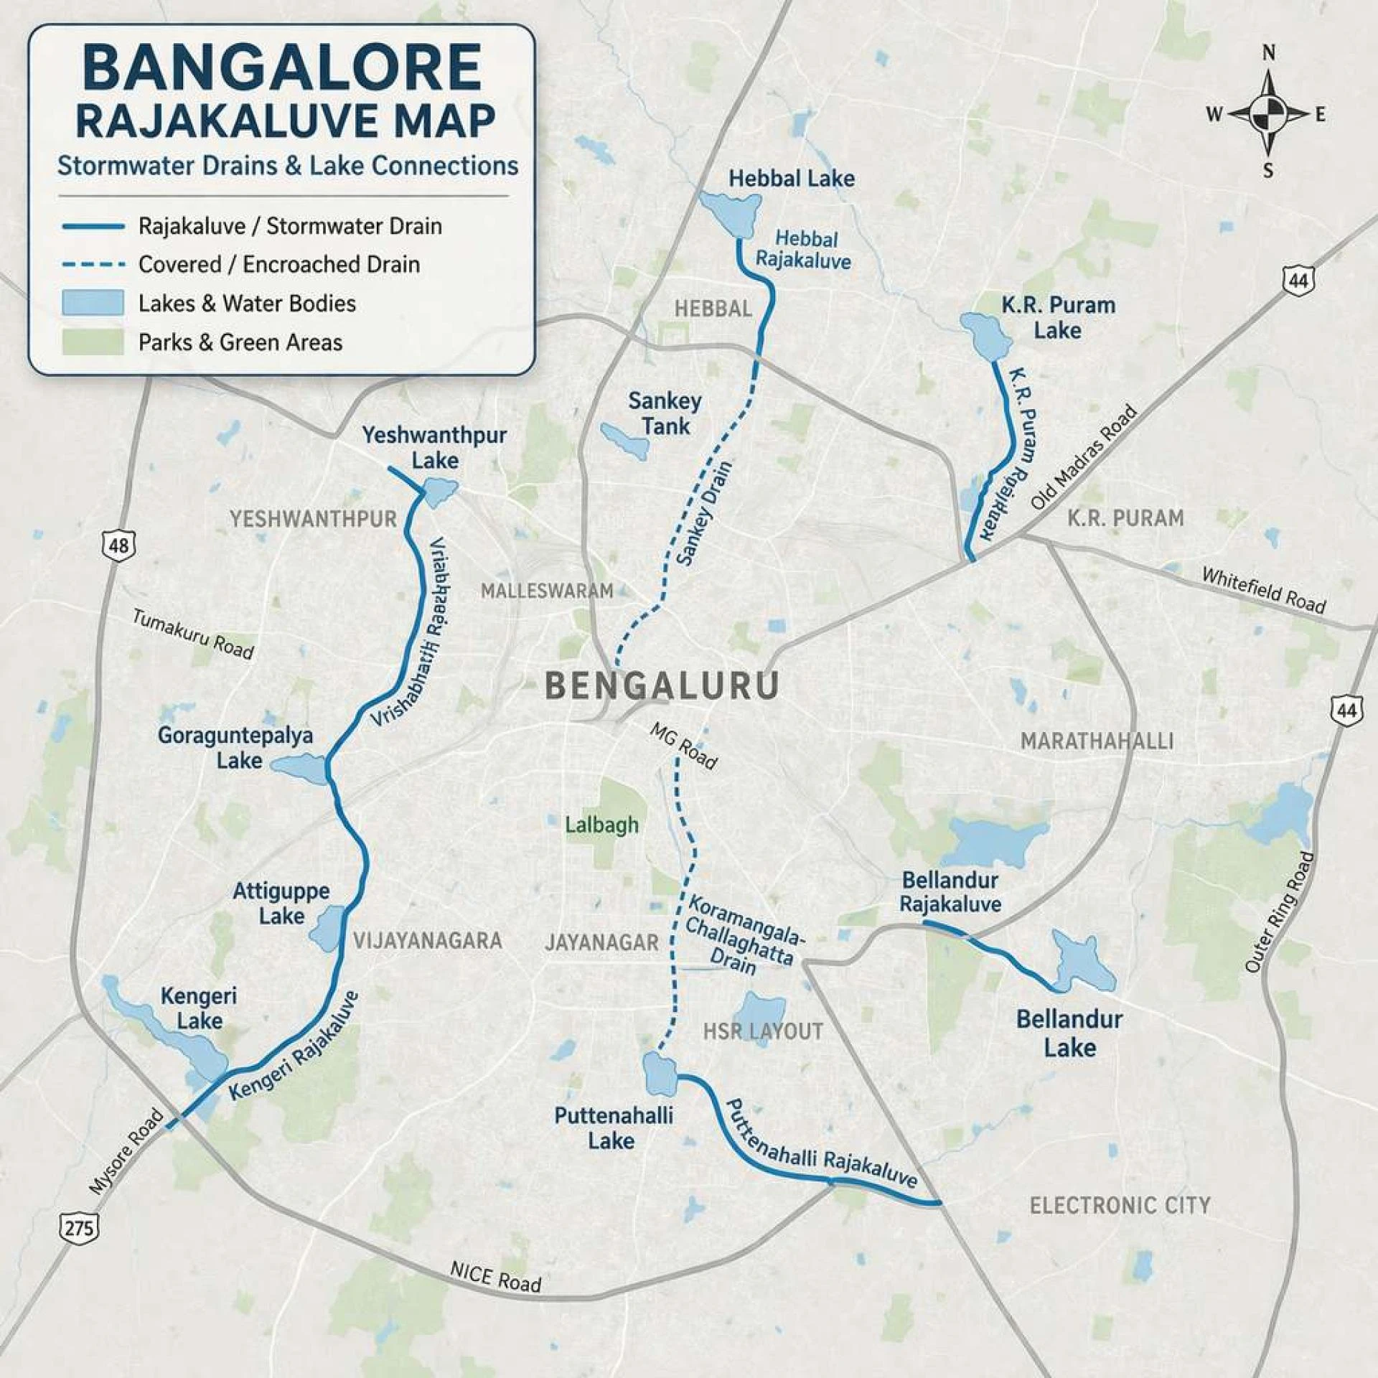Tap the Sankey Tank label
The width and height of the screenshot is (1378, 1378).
pos(665,413)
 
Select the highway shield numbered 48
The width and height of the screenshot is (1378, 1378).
pos(118,545)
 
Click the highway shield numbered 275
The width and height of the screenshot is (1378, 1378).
pos(78,1227)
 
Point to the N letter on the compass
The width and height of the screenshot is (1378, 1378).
pos(1269,53)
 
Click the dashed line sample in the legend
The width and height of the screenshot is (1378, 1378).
pos(93,264)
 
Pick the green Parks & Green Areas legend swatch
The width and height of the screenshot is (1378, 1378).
pos(93,342)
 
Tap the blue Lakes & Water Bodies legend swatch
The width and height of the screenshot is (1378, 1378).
pos(93,303)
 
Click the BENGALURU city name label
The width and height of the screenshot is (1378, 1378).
pos(662,685)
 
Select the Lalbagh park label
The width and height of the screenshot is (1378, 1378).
pos(601,825)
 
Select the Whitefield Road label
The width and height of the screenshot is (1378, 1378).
pos(1263,591)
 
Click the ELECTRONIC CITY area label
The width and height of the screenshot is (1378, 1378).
pos(1120,1205)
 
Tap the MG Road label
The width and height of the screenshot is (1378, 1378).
pos(683,746)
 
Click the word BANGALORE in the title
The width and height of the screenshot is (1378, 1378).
pos(281,68)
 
